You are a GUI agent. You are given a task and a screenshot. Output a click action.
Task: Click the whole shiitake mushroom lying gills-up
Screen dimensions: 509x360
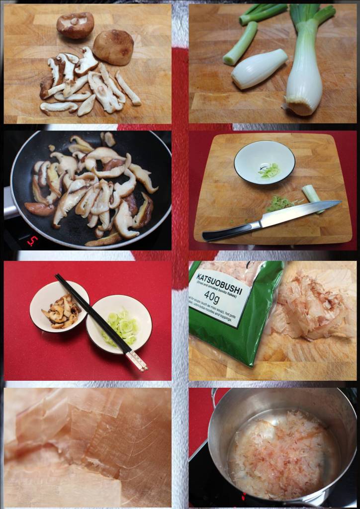point(75,25)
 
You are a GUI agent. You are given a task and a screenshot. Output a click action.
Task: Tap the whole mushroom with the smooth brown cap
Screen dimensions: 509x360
point(113,47)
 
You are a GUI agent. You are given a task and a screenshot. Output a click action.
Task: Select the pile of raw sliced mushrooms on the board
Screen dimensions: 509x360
point(85,85)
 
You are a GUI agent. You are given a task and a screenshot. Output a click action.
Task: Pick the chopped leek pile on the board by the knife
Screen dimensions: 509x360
point(279,203)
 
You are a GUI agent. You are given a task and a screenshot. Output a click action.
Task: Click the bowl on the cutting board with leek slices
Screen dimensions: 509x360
point(264,162)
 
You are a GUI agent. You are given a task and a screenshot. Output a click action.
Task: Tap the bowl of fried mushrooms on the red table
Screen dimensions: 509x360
point(59,307)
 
